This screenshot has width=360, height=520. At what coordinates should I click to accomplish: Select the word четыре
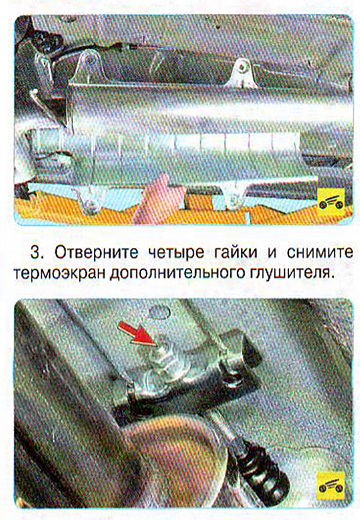176,253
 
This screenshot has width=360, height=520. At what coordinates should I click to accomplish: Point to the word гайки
235,252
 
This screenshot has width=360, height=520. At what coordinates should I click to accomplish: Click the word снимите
320,253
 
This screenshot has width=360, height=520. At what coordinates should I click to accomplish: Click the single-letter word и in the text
272,253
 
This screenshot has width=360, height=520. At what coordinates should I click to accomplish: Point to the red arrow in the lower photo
137,334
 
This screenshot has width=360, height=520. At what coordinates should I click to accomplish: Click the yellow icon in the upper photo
331,203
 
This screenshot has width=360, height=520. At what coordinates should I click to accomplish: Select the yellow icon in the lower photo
331,486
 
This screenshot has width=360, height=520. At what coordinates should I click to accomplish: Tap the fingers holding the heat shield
160,199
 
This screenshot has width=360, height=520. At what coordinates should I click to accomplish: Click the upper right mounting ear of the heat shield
242,73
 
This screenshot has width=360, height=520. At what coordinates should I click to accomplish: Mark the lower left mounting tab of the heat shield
89,200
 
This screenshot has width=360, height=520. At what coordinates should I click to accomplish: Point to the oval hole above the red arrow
159,312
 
